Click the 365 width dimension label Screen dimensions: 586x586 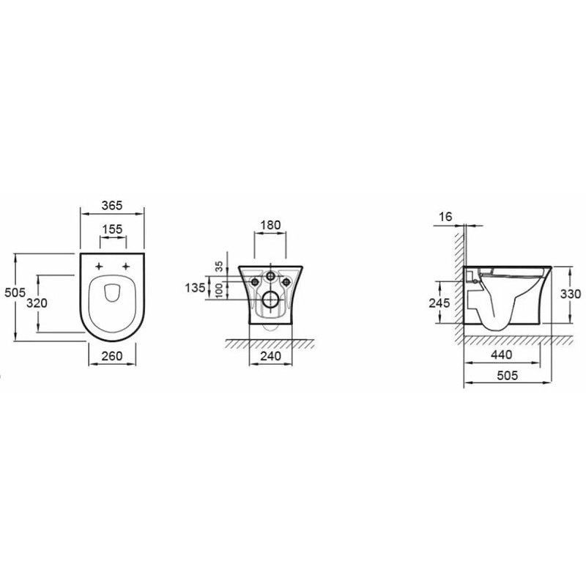(x=112, y=205)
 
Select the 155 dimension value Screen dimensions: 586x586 (x=113, y=229)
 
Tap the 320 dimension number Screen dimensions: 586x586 (x=37, y=303)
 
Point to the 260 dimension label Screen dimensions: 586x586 (x=112, y=356)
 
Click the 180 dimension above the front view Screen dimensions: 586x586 (x=270, y=225)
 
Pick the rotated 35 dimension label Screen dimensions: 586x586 (x=219, y=266)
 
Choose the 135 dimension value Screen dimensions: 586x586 (x=195, y=287)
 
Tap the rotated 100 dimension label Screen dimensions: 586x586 (x=219, y=290)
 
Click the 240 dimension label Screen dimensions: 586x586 (x=270, y=356)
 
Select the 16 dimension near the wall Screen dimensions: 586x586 (x=446, y=216)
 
